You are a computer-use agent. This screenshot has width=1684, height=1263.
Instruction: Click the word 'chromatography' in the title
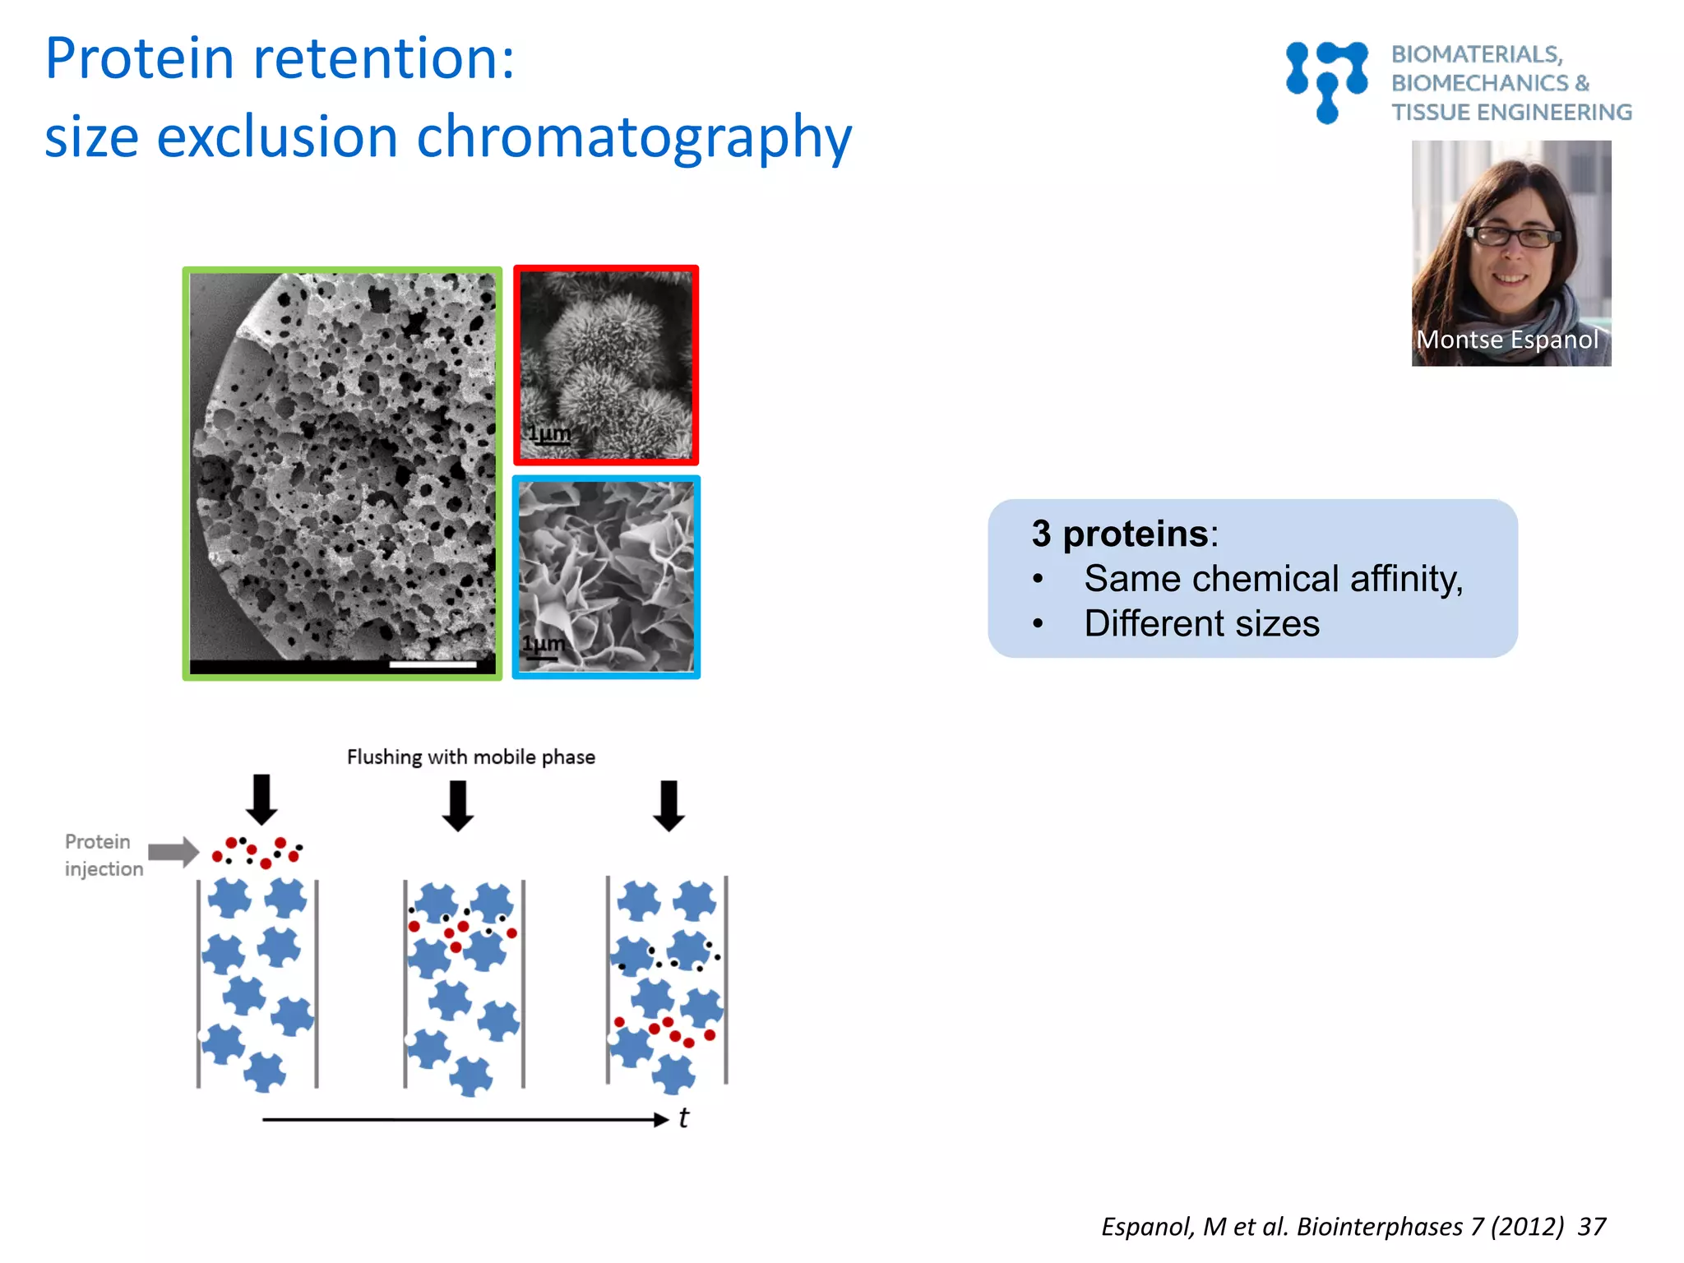(634, 137)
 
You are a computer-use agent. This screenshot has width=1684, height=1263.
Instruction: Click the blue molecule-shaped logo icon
(1326, 81)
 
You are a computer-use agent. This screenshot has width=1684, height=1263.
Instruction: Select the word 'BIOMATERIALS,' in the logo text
(1476, 54)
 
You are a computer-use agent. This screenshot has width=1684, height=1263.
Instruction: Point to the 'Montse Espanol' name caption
(1507, 340)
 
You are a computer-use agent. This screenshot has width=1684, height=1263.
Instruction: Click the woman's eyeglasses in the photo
(1514, 237)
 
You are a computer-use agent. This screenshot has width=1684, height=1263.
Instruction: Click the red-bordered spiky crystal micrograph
(606, 365)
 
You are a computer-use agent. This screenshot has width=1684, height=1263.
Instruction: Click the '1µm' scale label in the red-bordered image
(548, 433)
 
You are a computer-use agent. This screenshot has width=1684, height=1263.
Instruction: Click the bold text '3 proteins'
(1119, 534)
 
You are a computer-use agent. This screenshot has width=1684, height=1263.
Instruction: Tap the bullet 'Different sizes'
(1201, 623)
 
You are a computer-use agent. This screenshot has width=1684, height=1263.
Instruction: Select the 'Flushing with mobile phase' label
(470, 756)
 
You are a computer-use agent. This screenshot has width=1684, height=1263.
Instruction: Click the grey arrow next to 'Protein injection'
(173, 852)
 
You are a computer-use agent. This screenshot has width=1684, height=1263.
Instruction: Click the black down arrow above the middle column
(458, 805)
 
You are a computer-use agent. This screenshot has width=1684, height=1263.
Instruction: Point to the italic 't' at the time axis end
(683, 1118)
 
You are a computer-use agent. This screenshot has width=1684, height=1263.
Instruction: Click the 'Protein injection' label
(103, 855)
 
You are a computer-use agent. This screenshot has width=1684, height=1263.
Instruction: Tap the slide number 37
(1591, 1227)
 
